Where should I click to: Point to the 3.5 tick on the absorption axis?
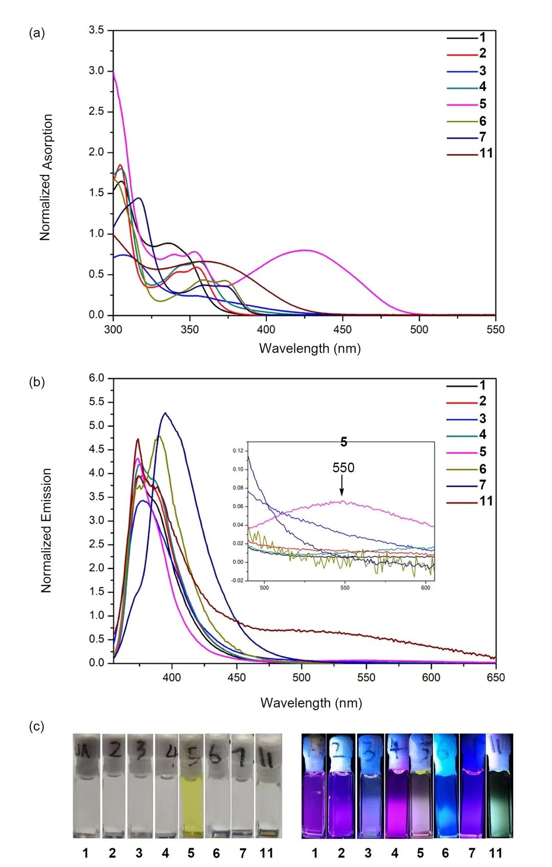pos(96,30)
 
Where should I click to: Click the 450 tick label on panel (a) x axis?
pos(342,330)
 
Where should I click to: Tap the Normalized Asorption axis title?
pos(46,177)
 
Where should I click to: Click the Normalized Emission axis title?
pos(46,530)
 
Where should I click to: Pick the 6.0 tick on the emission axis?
pos(96,378)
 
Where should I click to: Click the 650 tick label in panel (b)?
pos(495,678)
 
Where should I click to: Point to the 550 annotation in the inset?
pos(343,468)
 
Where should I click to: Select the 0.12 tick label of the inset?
pos(238,451)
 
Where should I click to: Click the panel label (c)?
pos(36,726)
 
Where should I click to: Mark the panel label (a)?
pos(36,34)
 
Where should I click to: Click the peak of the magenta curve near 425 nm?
pos(305,250)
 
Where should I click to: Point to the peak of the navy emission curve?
pos(165,413)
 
